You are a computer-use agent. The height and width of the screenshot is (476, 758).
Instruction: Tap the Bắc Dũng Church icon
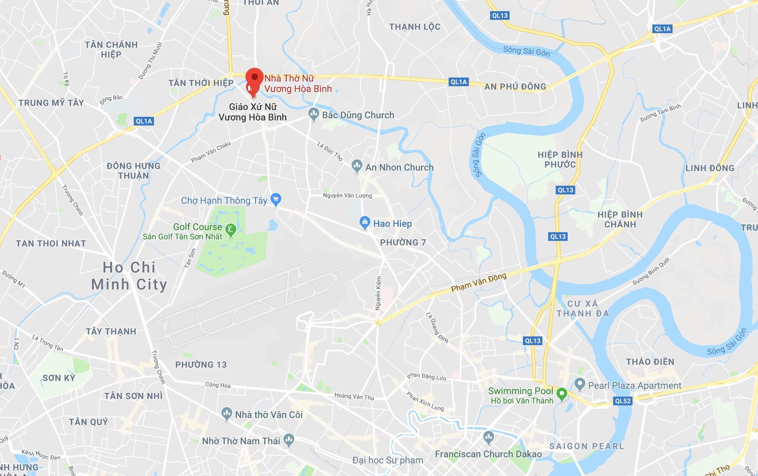[x=313, y=114]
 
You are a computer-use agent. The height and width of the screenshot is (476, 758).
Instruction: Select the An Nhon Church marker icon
[x=357, y=166]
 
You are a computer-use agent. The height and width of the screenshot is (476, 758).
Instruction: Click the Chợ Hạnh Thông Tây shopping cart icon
[x=276, y=199]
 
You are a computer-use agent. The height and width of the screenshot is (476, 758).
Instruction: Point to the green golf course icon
[x=230, y=229]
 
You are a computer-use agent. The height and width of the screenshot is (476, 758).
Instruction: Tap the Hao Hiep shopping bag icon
[x=365, y=222]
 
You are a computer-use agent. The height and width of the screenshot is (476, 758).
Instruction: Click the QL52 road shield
[x=623, y=401]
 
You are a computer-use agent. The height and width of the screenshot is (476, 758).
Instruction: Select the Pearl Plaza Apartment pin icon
[x=579, y=384]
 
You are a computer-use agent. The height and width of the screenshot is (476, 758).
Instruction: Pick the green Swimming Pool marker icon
[x=561, y=394]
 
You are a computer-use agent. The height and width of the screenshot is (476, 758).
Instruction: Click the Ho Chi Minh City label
[x=129, y=276]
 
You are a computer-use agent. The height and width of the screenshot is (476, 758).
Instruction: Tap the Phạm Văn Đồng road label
[x=479, y=282]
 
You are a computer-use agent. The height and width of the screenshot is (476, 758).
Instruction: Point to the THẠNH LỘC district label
[x=415, y=27]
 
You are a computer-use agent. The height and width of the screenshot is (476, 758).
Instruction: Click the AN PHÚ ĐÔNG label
[x=515, y=87]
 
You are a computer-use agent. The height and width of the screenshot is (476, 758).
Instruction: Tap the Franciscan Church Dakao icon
[x=488, y=437]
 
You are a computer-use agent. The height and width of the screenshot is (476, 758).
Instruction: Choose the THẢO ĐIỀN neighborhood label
[x=650, y=362]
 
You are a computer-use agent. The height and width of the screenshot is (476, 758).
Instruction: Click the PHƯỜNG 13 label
[x=201, y=365]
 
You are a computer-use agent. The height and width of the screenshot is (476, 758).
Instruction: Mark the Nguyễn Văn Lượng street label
[x=347, y=195]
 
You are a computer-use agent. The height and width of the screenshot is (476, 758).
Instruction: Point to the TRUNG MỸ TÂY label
[x=51, y=103]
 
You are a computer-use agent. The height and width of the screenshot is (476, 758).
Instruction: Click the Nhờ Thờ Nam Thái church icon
[x=289, y=440]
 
